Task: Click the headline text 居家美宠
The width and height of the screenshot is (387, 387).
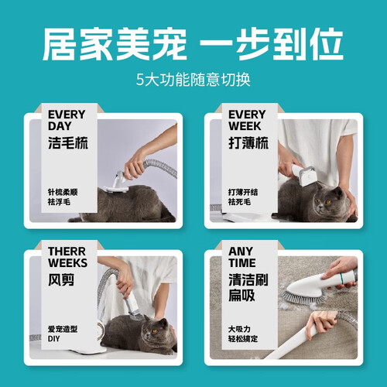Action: [115, 44]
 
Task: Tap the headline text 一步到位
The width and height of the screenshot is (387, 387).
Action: [272, 44]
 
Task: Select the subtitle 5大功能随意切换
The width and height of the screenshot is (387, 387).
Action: [193, 80]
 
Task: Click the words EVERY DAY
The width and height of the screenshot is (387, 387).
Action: [67, 120]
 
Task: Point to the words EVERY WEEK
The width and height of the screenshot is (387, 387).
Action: [247, 120]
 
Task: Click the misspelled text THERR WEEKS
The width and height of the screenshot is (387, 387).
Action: [67, 257]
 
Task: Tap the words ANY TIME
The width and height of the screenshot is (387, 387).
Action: [242, 257]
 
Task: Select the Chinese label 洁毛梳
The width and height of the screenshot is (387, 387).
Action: [68, 142]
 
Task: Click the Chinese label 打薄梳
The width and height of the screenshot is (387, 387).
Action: [248, 142]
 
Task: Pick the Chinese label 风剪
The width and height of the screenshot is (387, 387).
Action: [61, 279]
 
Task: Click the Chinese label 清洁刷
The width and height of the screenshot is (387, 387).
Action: [248, 279]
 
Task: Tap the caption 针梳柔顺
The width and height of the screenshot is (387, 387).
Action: [63, 192]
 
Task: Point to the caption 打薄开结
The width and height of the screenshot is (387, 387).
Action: [243, 192]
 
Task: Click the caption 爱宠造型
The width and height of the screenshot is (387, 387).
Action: [63, 329]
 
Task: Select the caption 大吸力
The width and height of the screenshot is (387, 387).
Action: [239, 329]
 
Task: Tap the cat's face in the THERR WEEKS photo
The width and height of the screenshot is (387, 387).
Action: [153, 331]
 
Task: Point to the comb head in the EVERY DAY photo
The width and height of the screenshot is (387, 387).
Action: [116, 188]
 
